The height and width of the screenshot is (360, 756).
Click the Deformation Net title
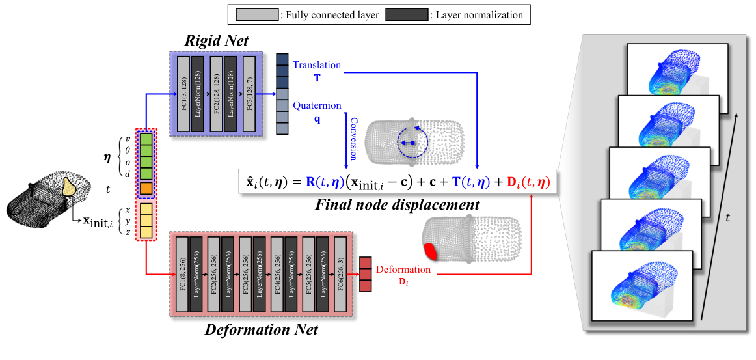pyautogui.click(x=261, y=329)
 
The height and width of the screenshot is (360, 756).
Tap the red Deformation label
pyautogui.click(x=403, y=270)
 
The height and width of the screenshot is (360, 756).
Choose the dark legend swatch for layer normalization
pyautogui.click(x=407, y=14)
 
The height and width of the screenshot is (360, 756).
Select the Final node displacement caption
pyautogui.click(x=397, y=205)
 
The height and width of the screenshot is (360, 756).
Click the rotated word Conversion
pyautogui.click(x=355, y=139)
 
